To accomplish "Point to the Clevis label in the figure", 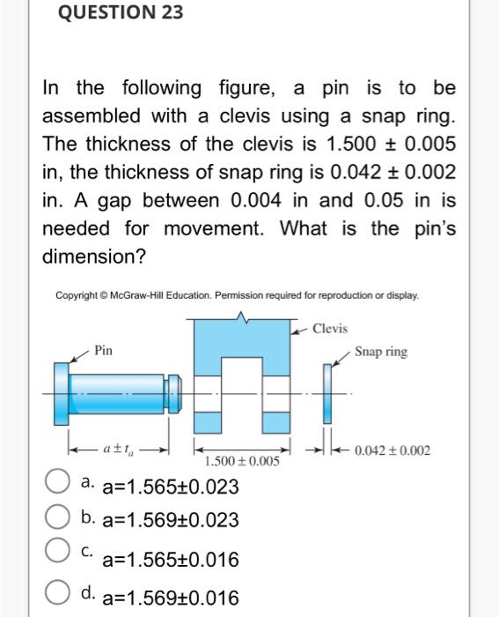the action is (x=329, y=329).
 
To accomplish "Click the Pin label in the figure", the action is (x=103, y=351).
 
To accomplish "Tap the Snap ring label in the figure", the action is (x=382, y=352).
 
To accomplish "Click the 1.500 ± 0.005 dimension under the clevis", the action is (x=241, y=461).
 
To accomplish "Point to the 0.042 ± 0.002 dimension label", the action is (x=393, y=450).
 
